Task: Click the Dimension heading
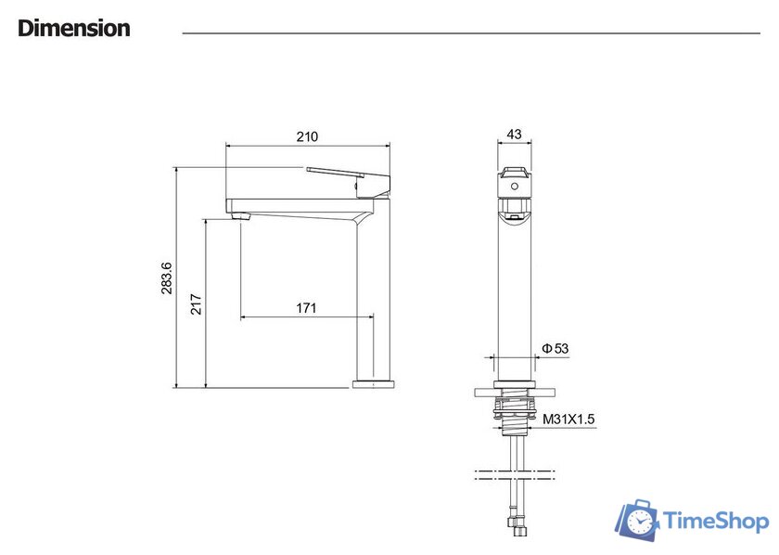74,28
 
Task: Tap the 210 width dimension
307,136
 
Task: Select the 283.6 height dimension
166,278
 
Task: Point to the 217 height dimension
197,304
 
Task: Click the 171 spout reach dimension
306,308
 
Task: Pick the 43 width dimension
514,135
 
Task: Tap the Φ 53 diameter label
555,349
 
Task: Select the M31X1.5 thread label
568,419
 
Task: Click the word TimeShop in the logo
716,522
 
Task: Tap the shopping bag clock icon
638,520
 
